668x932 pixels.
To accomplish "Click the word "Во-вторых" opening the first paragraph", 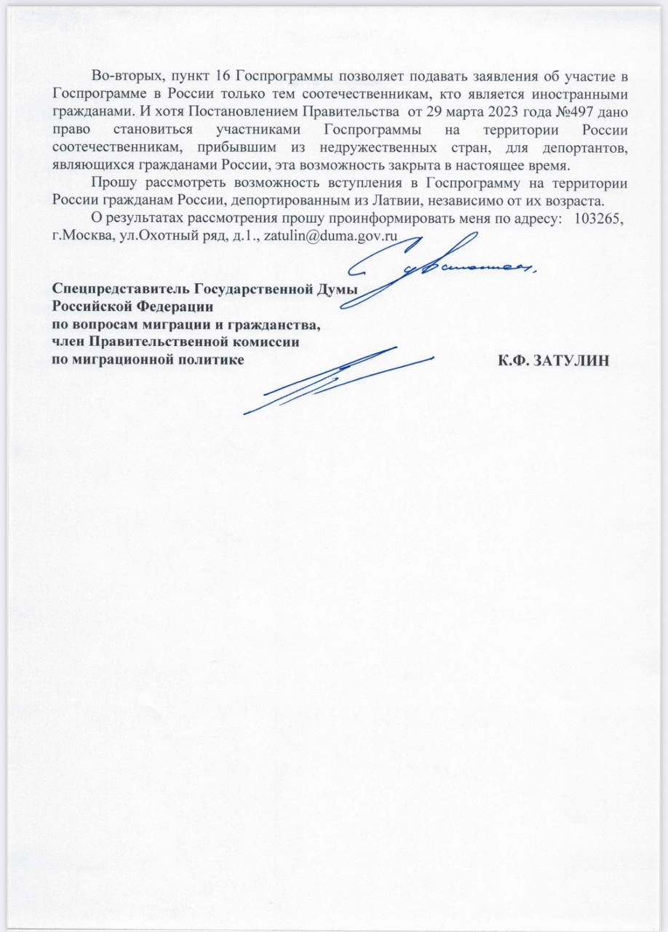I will coord(120,76).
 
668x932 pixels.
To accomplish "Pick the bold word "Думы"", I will coord(335,290).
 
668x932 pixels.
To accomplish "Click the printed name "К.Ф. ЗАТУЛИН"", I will coord(554,360).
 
